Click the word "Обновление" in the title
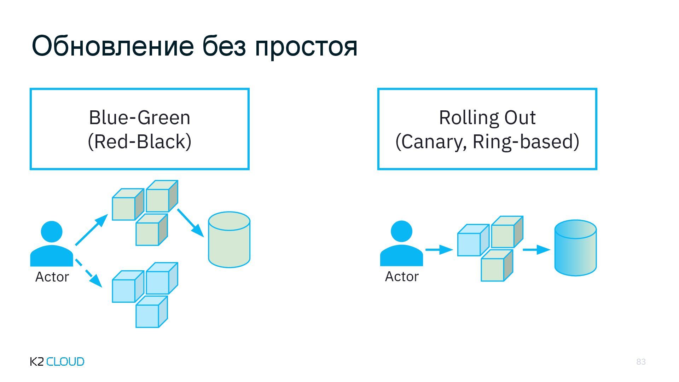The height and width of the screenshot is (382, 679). (x=113, y=46)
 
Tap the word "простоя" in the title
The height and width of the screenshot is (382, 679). (x=306, y=47)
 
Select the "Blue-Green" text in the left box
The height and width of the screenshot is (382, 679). (x=139, y=117)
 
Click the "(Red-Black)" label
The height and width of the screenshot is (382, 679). (x=139, y=141)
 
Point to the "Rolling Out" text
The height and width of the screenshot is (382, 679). (x=487, y=117)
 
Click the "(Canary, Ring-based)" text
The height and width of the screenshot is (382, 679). (x=487, y=141)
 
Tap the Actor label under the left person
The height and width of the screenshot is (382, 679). (x=52, y=277)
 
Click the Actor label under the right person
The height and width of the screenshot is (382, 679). (x=401, y=277)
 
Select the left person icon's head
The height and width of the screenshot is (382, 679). (x=52, y=232)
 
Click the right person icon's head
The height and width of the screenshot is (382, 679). (x=401, y=231)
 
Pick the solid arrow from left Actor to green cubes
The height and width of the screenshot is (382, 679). (x=91, y=230)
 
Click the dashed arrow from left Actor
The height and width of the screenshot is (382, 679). (x=88, y=273)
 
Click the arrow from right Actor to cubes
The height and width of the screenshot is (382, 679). (x=439, y=250)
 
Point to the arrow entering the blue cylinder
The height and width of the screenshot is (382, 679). (x=536, y=250)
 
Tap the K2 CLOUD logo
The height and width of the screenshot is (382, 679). (x=57, y=361)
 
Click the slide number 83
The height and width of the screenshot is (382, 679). (x=641, y=361)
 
